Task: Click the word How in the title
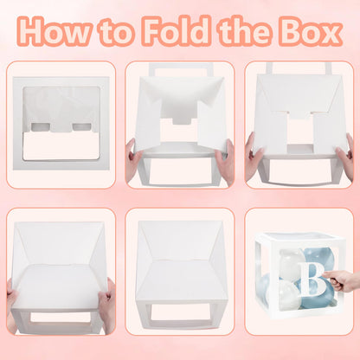tap(55, 30)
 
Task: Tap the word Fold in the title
tap(177, 30)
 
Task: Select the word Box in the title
tap(311, 30)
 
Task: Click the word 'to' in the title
tap(117, 32)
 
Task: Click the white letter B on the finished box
tap(313, 279)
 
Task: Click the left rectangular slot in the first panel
tap(41, 127)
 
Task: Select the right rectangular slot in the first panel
tap(81, 127)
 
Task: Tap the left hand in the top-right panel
tap(253, 156)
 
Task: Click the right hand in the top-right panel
tap(346, 156)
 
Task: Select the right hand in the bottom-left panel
tap(106, 305)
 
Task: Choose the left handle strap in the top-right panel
tap(269, 68)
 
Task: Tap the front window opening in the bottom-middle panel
tap(181, 312)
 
